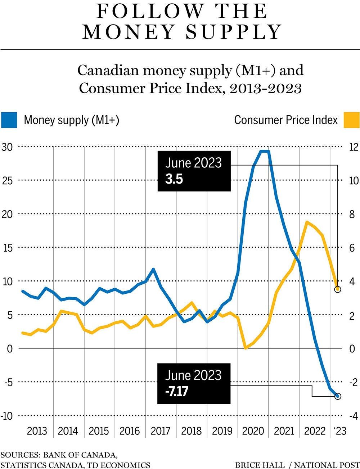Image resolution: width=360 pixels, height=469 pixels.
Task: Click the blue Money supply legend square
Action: point(9,120)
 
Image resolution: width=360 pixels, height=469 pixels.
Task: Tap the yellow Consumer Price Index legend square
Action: point(351,120)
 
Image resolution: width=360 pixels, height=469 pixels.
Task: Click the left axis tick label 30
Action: point(7,147)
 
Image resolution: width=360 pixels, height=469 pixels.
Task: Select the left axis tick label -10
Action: point(6,416)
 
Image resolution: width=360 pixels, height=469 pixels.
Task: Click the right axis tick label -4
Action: point(354,416)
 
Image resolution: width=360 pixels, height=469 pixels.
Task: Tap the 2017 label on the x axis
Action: point(161,431)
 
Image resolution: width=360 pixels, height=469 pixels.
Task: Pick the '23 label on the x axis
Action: point(339,431)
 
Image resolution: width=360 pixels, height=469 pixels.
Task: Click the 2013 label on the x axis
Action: point(37,431)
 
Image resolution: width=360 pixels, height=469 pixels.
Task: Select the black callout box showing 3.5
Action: point(194,171)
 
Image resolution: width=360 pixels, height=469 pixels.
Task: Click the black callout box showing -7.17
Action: point(194,383)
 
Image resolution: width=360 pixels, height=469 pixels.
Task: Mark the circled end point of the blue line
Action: point(337,396)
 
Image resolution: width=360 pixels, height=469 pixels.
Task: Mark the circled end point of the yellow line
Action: point(337,289)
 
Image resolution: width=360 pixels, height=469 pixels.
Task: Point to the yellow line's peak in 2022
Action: point(307,222)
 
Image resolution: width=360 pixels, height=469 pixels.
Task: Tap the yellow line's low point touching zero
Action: point(246,348)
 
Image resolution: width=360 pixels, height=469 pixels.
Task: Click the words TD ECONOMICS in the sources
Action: point(119,465)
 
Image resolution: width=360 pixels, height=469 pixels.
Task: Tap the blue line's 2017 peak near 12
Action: point(153,269)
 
